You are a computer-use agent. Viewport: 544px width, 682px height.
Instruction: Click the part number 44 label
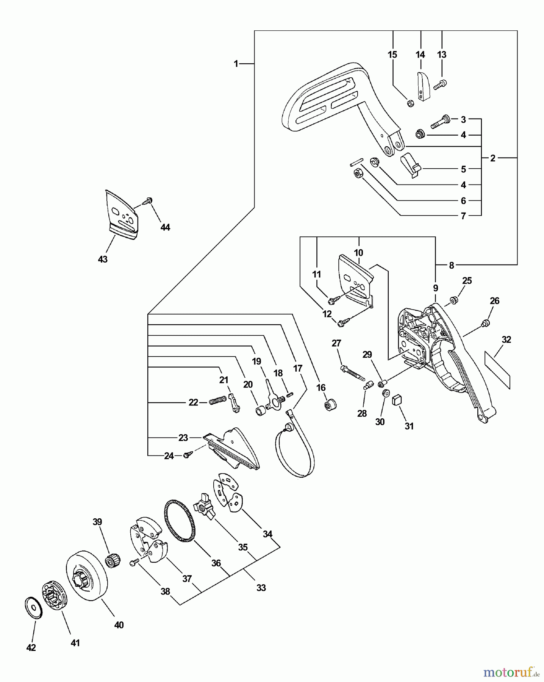pos(165,227)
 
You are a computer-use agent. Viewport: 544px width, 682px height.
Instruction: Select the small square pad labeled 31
pos(397,399)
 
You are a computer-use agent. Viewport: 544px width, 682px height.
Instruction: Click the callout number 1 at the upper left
pos(236,64)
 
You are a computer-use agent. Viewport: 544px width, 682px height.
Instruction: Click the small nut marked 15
pos(410,103)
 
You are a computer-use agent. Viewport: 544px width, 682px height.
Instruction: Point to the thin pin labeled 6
pos(357,162)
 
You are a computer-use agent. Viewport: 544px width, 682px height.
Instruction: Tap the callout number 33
pos(261,588)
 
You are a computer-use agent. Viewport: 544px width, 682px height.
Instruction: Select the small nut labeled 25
pos(453,301)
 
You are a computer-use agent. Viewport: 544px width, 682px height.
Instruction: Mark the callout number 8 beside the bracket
pos(451,266)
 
